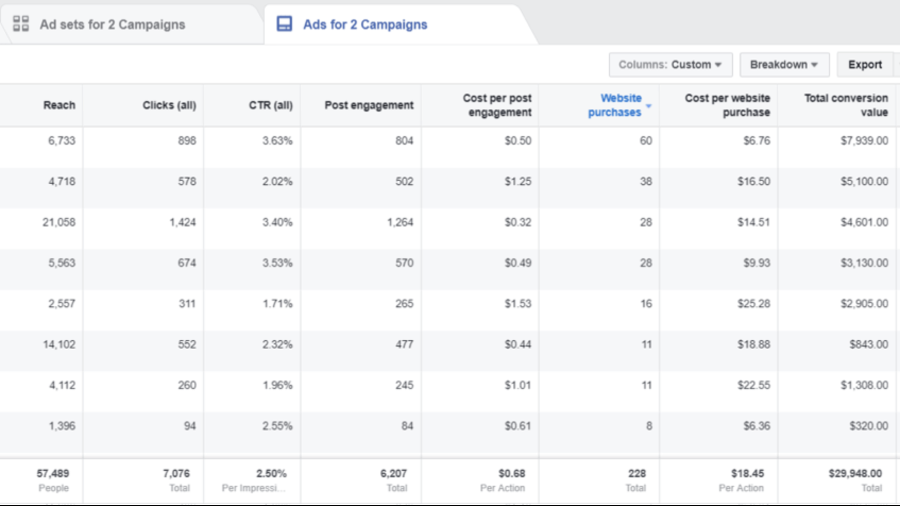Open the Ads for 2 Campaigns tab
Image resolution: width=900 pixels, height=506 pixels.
point(364,24)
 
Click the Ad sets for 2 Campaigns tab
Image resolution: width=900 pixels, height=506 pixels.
point(112,24)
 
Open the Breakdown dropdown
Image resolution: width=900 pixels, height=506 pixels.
point(783,64)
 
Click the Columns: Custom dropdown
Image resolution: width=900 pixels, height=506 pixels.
point(670,64)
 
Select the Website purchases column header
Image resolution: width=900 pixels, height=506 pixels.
point(615,105)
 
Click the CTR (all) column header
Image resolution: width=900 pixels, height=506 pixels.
point(270,105)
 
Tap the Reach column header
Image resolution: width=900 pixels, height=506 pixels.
point(59,105)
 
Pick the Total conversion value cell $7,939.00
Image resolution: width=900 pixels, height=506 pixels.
point(864,141)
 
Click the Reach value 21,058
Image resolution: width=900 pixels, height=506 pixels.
point(59,222)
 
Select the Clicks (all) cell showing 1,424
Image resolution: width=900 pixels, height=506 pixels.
point(183,222)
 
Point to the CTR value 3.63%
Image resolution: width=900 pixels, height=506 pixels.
point(277,141)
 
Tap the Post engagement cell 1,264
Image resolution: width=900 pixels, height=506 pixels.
point(400,222)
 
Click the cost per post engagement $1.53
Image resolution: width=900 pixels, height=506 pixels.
point(517,303)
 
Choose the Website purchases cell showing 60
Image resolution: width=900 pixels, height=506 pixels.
point(646,141)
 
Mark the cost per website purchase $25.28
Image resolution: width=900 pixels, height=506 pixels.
point(753,303)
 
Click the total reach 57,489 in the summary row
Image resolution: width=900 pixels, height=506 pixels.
point(53,473)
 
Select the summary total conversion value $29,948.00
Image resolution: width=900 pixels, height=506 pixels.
point(855,473)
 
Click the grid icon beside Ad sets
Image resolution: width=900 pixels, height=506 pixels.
point(21,24)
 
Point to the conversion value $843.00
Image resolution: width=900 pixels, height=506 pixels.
point(868,344)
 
